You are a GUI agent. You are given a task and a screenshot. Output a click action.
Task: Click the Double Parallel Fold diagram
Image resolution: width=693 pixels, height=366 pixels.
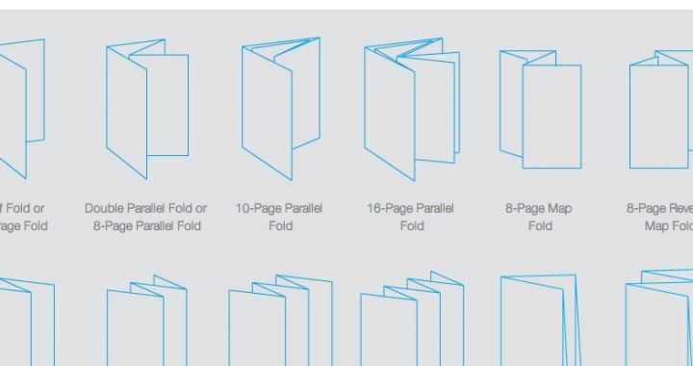click(x=146, y=109)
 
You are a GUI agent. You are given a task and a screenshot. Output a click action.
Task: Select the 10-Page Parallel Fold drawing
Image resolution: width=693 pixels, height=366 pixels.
click(x=280, y=108)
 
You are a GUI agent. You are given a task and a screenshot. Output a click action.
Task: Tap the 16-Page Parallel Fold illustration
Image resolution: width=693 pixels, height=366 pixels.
click(x=410, y=108)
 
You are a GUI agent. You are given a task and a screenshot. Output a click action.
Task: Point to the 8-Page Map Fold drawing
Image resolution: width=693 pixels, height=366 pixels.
click(x=540, y=109)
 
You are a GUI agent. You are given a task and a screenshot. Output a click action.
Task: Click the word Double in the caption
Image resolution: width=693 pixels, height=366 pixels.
click(x=105, y=208)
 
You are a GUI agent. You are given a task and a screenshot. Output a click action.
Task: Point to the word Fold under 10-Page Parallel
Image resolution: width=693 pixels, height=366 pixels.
click(x=281, y=226)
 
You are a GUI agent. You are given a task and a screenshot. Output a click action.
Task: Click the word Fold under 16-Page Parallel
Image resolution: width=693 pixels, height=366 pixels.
click(x=412, y=226)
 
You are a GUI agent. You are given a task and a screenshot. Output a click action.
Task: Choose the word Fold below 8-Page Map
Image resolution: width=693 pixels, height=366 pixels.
click(x=540, y=226)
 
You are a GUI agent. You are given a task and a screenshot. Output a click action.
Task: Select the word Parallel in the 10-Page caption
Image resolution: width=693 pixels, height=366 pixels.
click(x=303, y=208)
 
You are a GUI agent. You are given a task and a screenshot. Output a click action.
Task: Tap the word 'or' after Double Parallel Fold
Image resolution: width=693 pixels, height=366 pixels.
click(x=200, y=208)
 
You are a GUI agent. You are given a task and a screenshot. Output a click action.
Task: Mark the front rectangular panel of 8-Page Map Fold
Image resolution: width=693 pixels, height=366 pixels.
click(x=552, y=116)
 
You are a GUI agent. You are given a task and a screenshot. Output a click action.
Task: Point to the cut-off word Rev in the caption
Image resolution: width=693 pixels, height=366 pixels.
click(x=680, y=208)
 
